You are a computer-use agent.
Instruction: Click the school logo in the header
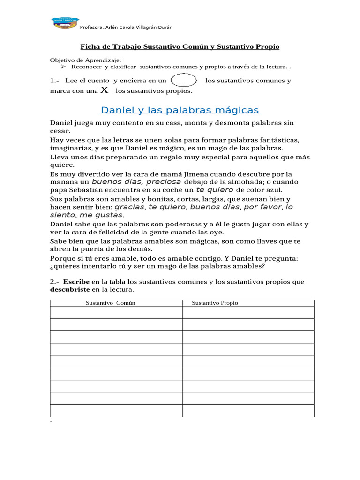point(65,24)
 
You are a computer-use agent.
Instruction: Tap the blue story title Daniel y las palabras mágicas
point(180,110)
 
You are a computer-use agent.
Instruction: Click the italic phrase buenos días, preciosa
point(136,182)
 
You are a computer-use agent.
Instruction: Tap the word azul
point(274,190)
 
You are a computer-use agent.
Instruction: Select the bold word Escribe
point(76,282)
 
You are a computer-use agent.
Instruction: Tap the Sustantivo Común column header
point(110,303)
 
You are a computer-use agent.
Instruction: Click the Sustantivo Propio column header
point(215,303)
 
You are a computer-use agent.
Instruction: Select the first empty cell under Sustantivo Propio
point(248,312)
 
